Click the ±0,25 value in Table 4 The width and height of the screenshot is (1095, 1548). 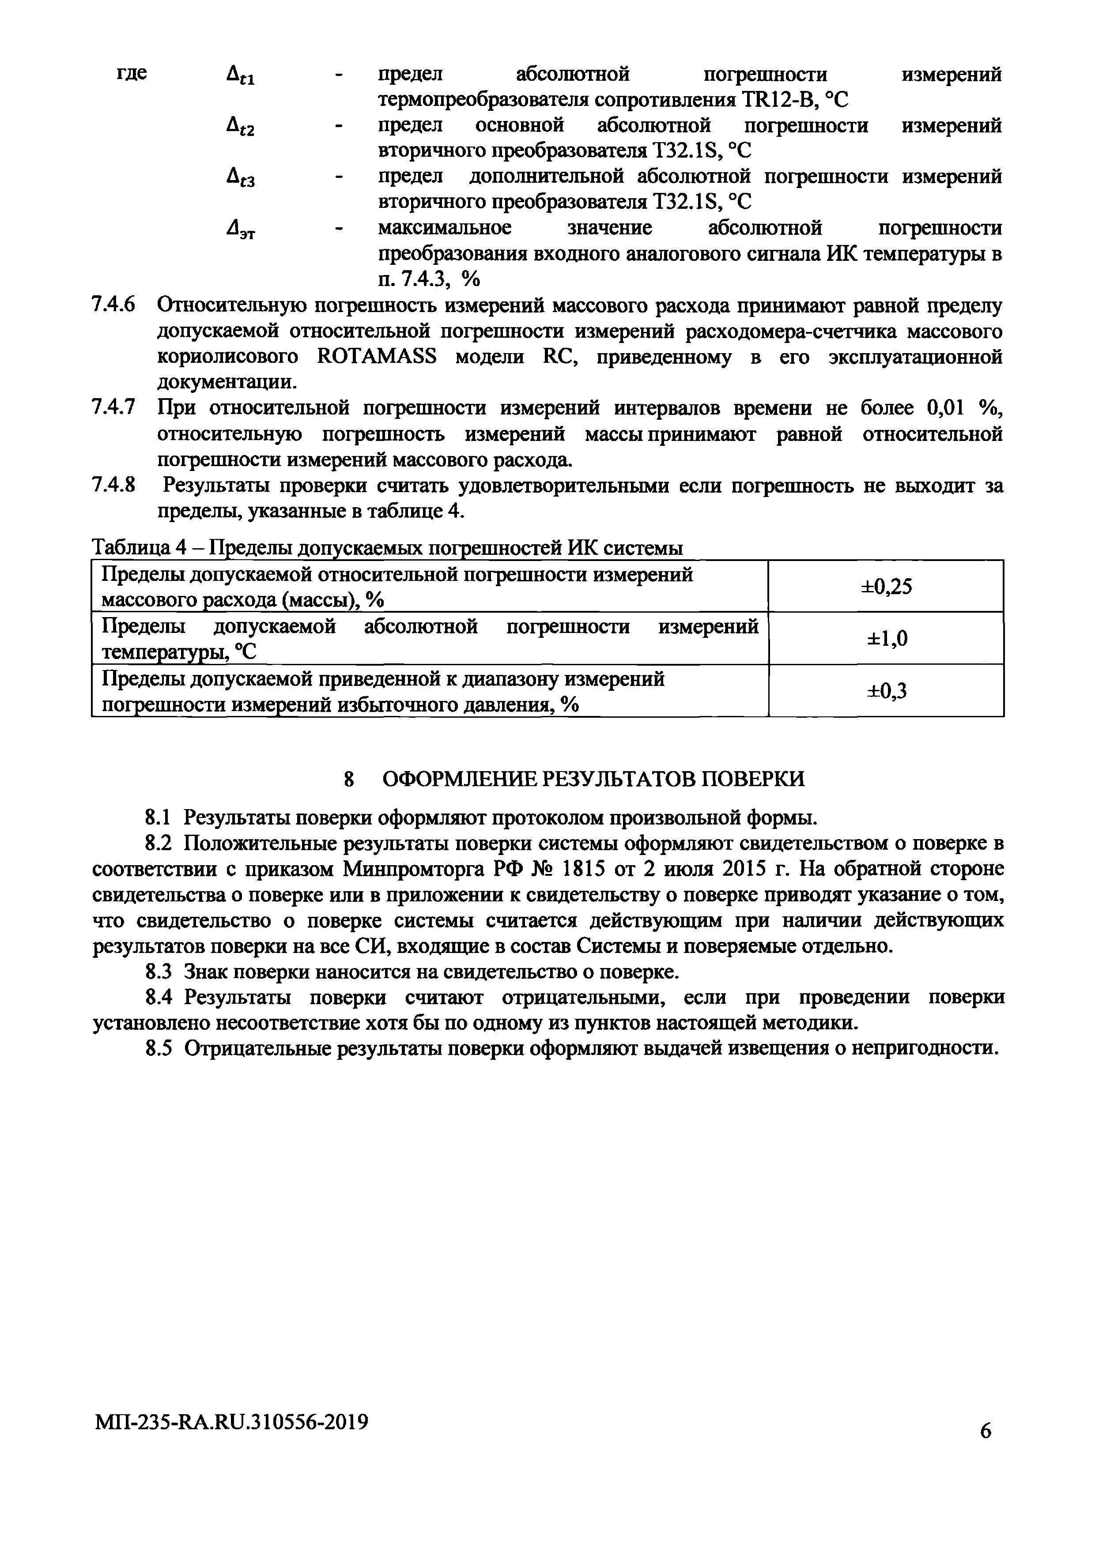click(x=886, y=587)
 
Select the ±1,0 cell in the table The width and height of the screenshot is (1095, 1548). click(x=887, y=638)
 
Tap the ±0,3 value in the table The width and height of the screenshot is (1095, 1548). click(x=887, y=690)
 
